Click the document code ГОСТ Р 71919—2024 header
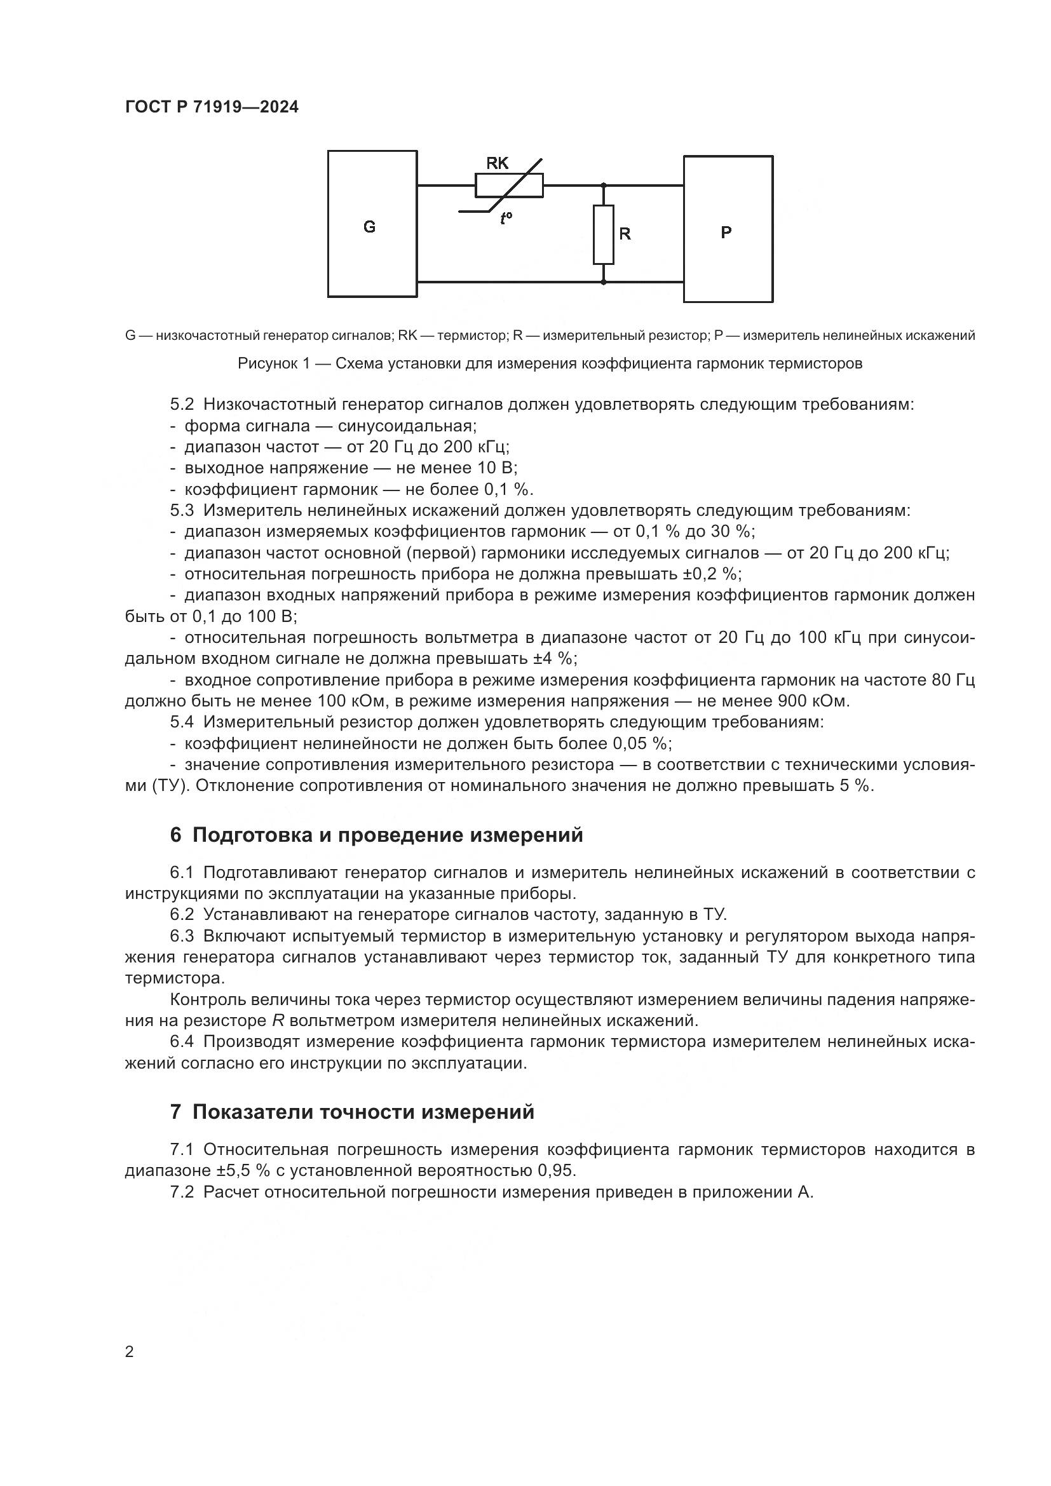[212, 107]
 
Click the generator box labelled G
[372, 224]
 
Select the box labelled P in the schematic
[728, 230]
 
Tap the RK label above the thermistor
[497, 163]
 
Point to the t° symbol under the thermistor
[506, 218]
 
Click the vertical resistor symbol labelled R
[603, 234]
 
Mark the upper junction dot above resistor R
[603, 186]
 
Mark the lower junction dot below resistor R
[603, 282]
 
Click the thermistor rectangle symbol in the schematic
[510, 186]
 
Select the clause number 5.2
[182, 405]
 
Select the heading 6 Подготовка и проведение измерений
[376, 835]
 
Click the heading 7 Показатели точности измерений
[352, 1112]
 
